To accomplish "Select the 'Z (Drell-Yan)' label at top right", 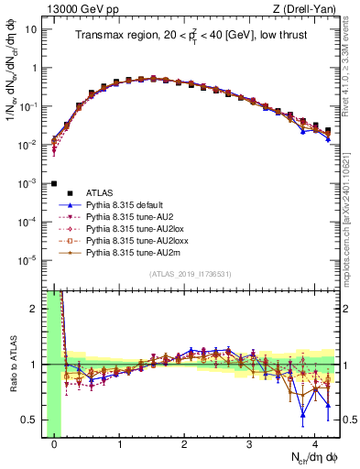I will [306, 7].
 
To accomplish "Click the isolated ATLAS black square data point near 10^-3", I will [55, 183].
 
